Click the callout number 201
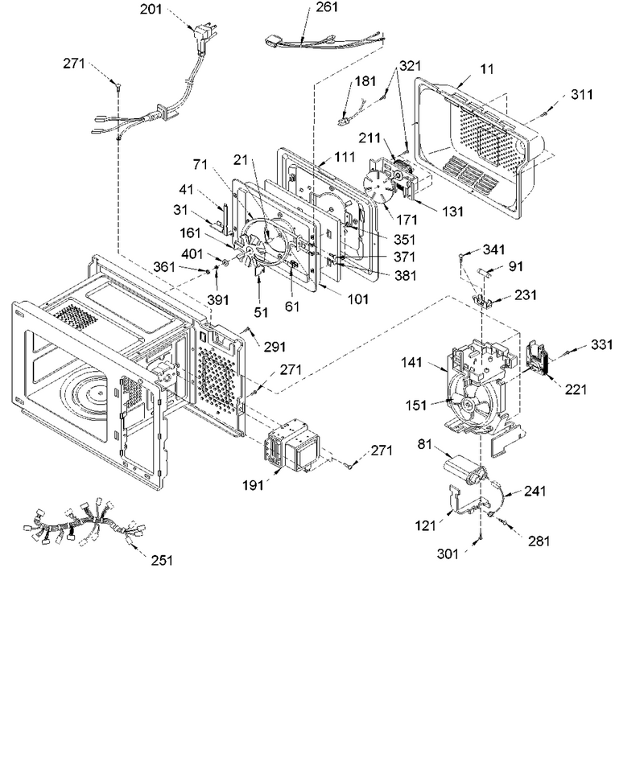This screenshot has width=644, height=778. click(x=151, y=9)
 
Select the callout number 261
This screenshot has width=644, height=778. click(x=327, y=7)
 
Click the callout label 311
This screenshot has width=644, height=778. click(x=581, y=94)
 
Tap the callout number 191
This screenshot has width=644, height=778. click(x=253, y=485)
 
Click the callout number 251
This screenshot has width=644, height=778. click(x=162, y=560)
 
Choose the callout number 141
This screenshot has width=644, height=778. click(x=411, y=363)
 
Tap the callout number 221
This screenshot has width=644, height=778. click(x=576, y=389)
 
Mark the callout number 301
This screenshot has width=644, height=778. click(x=448, y=554)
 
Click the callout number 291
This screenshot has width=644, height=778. click(x=274, y=347)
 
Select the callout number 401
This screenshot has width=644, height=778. click(x=192, y=254)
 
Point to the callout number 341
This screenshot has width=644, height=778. click(x=494, y=249)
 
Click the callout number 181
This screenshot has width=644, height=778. click(x=365, y=81)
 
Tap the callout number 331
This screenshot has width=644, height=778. click(x=602, y=344)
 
